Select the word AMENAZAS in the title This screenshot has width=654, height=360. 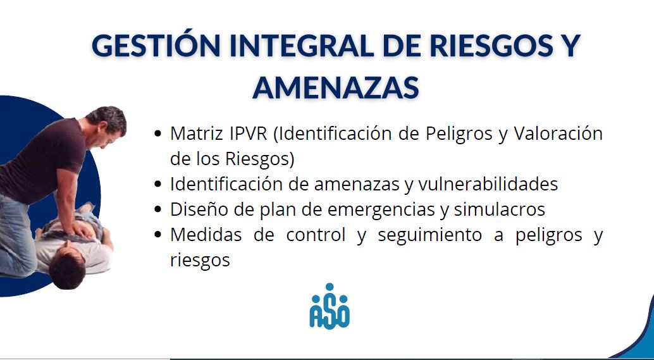[336, 87]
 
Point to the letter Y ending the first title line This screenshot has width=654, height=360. [569, 46]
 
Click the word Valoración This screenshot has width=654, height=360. [558, 134]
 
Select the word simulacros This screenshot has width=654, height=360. [499, 209]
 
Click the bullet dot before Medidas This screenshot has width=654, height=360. [157, 235]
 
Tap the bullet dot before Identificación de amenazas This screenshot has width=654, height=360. [157, 184]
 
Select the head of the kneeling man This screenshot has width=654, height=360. [107, 125]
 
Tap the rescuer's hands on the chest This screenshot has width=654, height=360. [82, 229]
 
